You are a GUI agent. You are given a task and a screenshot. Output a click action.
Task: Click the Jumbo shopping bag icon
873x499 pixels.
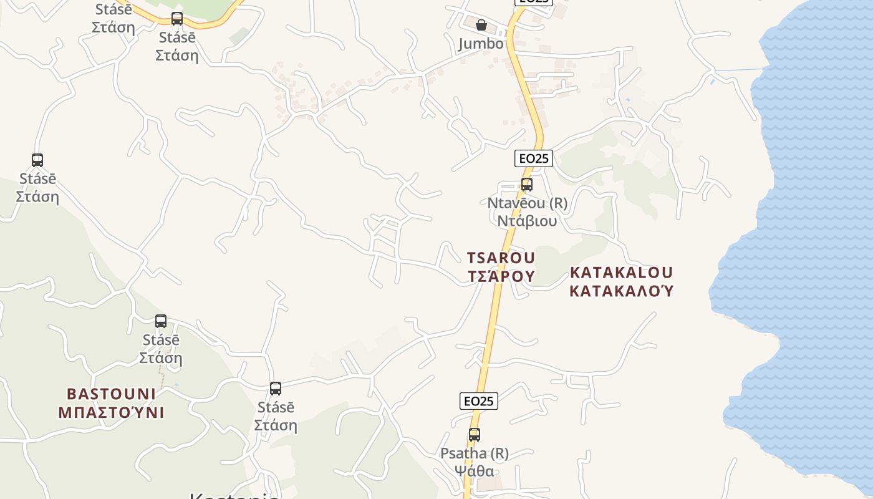(481, 26)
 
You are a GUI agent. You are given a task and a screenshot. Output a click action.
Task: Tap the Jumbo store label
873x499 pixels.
(481, 44)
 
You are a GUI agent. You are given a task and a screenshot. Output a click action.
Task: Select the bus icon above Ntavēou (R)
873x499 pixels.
(527, 185)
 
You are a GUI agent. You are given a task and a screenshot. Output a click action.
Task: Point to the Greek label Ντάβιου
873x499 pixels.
(527, 221)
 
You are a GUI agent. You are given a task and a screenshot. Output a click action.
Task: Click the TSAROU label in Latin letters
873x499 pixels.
(501, 258)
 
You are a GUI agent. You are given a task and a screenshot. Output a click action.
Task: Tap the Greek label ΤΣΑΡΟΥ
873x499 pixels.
(501, 276)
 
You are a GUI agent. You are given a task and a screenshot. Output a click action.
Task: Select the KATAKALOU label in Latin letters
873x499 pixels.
(621, 273)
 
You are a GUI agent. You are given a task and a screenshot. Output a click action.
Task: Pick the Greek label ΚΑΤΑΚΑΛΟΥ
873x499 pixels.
(621, 291)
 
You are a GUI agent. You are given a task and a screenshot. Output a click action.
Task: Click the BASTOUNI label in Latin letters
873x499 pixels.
(111, 394)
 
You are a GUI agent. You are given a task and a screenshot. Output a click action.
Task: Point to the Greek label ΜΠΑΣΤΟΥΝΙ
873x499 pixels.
(111, 412)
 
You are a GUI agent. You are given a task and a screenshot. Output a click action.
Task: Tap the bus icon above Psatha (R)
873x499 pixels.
(475, 435)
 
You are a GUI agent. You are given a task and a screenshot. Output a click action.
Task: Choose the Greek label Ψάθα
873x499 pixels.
(475, 471)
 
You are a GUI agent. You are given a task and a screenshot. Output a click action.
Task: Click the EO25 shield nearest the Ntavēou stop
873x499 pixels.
(534, 158)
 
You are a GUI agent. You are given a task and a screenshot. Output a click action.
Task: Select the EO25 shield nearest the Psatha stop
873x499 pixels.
(479, 401)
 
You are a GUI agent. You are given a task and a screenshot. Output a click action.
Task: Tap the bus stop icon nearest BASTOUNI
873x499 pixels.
(161, 321)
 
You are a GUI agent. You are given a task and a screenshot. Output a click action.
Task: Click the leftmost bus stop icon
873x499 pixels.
(37, 160)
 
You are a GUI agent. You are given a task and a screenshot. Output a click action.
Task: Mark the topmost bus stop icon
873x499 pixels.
(177, 19)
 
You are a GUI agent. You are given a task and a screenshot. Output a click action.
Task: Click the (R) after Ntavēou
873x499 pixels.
(559, 203)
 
